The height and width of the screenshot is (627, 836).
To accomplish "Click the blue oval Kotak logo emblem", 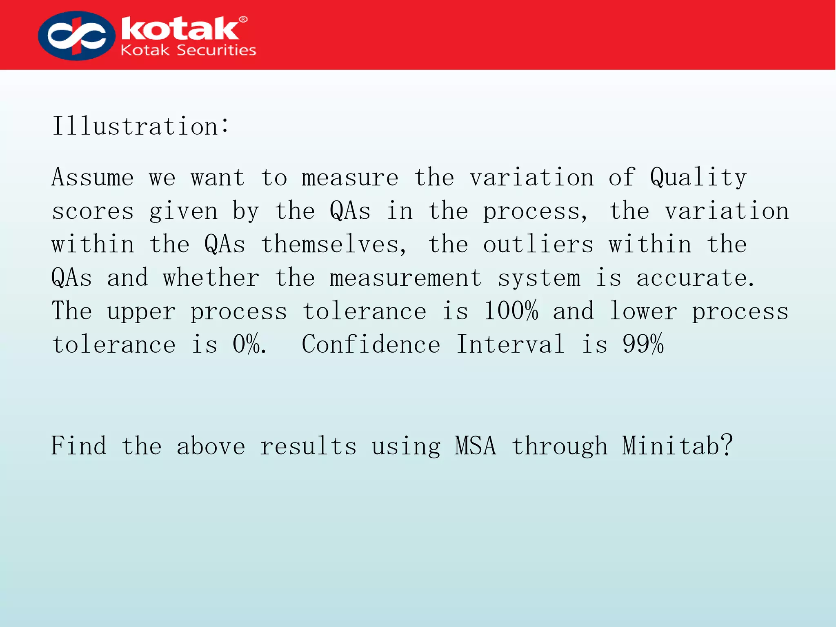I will (x=76, y=36).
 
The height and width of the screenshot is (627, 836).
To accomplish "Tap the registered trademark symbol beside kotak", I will (x=243, y=20).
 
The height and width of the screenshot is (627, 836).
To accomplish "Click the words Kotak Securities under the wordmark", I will (x=188, y=50).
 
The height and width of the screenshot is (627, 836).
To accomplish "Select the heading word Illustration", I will (x=136, y=126).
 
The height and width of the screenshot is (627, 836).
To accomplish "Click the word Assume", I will (x=93, y=178).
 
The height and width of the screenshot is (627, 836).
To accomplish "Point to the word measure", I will (x=350, y=178).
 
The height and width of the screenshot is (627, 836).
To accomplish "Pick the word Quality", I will (x=698, y=178).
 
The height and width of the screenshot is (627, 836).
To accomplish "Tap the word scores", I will (x=93, y=211).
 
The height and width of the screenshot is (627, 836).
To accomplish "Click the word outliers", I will (x=538, y=245).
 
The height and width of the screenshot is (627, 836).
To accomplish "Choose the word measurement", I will (x=405, y=278).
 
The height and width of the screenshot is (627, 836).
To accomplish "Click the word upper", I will (x=141, y=312).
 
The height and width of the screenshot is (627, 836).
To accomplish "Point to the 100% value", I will (x=511, y=311).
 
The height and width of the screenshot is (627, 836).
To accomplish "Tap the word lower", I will (x=643, y=311).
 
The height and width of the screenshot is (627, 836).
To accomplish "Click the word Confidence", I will (x=371, y=345).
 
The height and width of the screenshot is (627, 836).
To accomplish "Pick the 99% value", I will (x=643, y=345).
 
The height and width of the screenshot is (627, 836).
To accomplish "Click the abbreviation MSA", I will (x=476, y=446).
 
